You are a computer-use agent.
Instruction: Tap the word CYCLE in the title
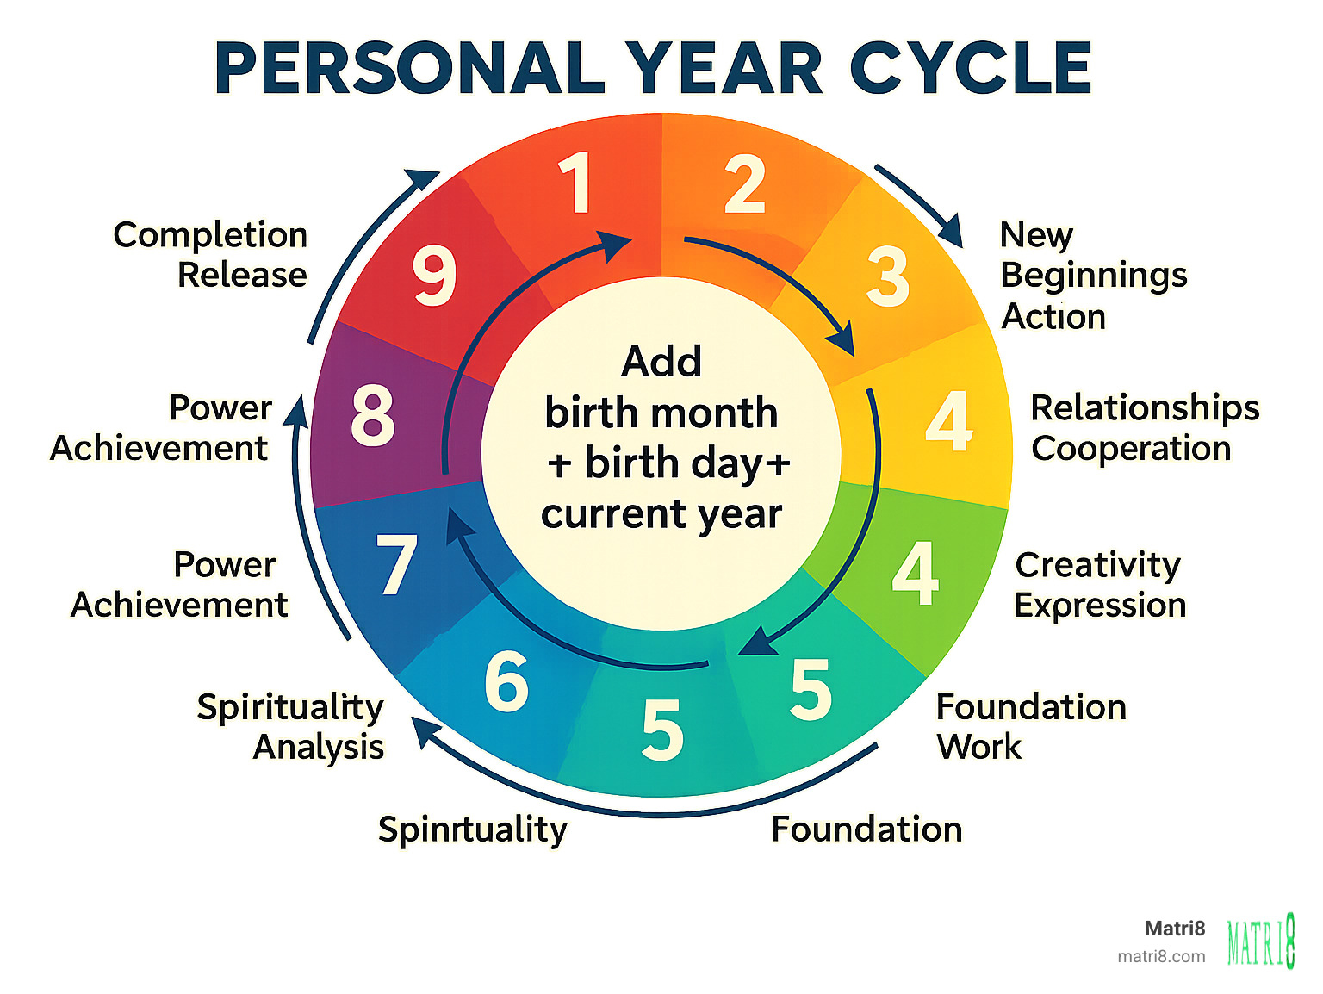(971, 68)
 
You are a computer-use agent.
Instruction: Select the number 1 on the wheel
(575, 183)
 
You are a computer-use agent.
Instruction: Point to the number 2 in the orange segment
(745, 184)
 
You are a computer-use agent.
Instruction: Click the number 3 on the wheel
(888, 276)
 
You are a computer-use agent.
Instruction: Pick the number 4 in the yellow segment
(949, 421)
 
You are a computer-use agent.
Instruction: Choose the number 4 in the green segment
(915, 573)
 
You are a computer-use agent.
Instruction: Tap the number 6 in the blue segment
(506, 681)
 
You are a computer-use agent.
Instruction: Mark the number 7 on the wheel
(397, 565)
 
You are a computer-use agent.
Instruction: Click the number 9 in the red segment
(434, 276)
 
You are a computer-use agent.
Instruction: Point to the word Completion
(210, 235)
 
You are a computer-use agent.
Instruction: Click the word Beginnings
(1094, 276)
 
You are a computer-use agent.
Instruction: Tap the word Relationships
(1145, 407)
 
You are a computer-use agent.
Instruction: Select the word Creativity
(1097, 565)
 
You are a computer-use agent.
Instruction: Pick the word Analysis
(319, 747)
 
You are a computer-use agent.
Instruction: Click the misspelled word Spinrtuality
(472, 829)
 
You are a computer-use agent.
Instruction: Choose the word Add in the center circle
(661, 362)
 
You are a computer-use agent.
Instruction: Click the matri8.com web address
(1161, 956)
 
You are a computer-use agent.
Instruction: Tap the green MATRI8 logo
(1261, 941)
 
